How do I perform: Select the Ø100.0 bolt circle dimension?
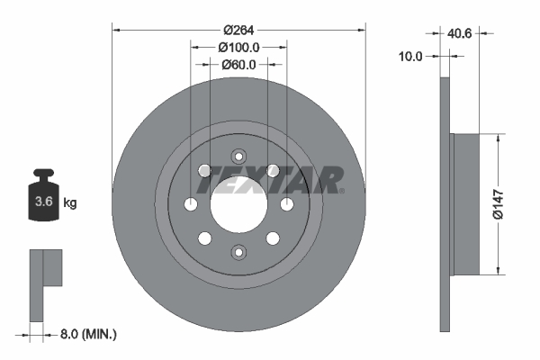[x=238, y=47]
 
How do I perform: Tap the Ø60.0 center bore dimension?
[x=238, y=64]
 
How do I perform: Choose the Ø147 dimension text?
[x=510, y=204]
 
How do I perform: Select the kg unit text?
[x=70, y=203]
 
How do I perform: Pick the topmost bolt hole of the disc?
[x=238, y=155]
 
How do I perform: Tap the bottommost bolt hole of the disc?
[x=238, y=253]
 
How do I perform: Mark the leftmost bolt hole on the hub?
[x=191, y=205]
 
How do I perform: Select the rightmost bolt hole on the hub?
[x=287, y=205]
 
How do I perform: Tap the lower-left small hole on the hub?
[x=205, y=238]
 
